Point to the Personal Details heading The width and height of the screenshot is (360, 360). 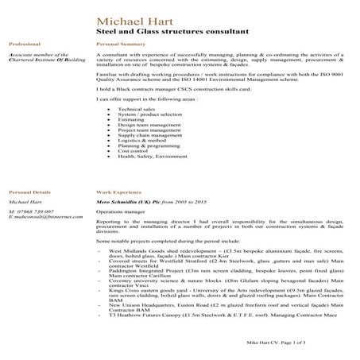coord(29,192)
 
